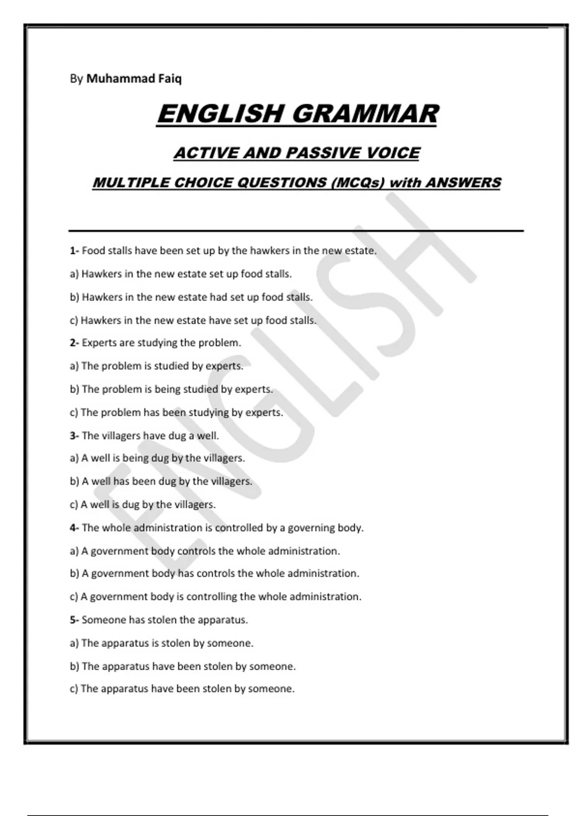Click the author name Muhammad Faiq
tap(133, 79)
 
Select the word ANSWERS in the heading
tap(463, 183)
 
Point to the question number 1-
tap(74, 251)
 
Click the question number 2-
tap(74, 343)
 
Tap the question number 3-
tap(74, 436)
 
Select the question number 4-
tap(74, 528)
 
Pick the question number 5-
tap(74, 620)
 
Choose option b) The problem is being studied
tap(171, 389)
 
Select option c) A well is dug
tap(143, 505)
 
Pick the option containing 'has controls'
tap(215, 574)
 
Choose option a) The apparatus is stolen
tap(161, 643)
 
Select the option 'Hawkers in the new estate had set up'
tap(191, 297)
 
